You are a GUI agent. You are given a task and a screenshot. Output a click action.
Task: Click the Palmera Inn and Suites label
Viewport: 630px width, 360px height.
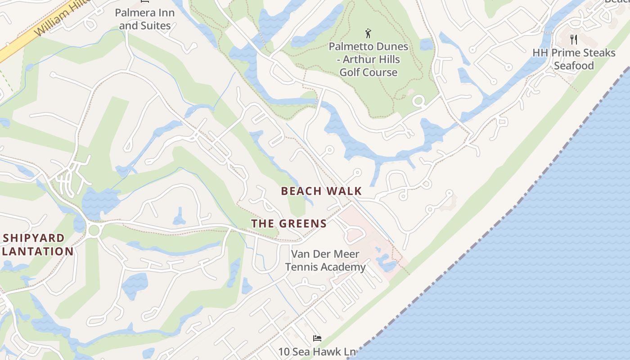click(144, 19)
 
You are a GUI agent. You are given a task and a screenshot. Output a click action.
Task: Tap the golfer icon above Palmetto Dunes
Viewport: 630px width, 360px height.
click(368, 33)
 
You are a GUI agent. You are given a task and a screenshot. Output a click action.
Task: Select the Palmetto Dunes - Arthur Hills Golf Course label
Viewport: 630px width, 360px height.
click(368, 59)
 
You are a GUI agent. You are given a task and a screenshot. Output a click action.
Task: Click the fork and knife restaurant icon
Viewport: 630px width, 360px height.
click(573, 40)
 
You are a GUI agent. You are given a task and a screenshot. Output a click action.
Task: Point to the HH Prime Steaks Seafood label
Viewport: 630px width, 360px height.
click(574, 59)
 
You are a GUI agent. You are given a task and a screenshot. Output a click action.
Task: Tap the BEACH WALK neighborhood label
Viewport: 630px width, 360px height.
click(321, 191)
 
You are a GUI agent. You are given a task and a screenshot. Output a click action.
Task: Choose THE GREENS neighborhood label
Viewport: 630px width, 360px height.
click(289, 224)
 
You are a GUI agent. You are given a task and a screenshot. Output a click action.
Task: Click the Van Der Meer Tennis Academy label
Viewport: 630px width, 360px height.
click(325, 261)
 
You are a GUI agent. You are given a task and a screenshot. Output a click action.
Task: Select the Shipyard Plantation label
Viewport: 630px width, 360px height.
click(36, 244)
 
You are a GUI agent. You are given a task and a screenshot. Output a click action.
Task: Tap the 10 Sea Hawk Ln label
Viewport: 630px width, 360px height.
click(317, 352)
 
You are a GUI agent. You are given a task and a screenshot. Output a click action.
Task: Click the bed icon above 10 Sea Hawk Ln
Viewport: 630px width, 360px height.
click(317, 338)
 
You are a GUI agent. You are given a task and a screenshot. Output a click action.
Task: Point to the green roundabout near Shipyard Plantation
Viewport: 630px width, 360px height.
click(94, 230)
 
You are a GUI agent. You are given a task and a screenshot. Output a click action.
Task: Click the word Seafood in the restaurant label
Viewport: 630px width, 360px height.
click(574, 66)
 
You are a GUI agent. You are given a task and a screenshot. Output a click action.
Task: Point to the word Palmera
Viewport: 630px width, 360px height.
click(132, 12)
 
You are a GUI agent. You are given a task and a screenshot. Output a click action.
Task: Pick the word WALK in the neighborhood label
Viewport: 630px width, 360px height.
click(345, 191)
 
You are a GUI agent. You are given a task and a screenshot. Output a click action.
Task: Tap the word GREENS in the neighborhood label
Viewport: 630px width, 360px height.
click(303, 224)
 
